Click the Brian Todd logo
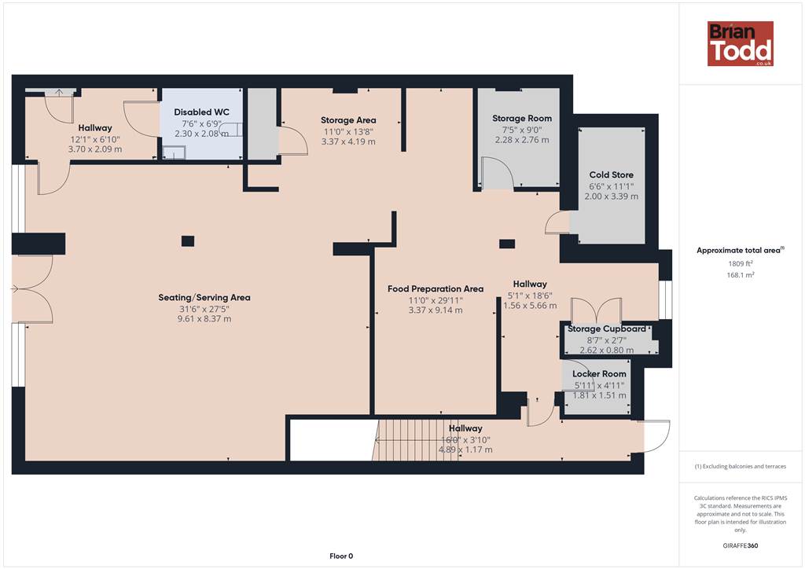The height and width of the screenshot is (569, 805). pos(740,43)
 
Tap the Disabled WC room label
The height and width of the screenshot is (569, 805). pos(202,112)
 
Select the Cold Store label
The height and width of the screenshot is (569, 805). pos(611,174)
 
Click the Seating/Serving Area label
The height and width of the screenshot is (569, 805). pos(204,297)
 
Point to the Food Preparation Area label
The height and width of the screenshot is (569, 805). pos(436,289)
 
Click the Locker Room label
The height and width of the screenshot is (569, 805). pos(599,373)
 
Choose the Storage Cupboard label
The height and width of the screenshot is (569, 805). pos(606,329)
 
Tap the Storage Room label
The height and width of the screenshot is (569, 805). pos(522,118)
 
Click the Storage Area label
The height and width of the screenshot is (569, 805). pos(348,120)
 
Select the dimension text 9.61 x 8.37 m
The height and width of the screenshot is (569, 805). pos(204,318)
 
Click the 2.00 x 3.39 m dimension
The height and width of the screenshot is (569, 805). pos(611,196)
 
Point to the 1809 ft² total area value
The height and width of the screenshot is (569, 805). pos(741,263)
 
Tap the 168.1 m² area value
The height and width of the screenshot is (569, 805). pos(741,275)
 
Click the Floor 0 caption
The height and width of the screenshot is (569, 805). pos(341,556)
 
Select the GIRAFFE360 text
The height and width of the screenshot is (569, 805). pos(741,545)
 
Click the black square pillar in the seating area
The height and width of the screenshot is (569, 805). pos(188,240)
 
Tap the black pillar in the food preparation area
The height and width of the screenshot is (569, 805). pos(507,244)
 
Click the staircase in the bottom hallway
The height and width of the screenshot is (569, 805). pos(415,440)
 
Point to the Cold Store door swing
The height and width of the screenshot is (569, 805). pos(557,224)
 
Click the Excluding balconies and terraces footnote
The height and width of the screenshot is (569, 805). pos(741,466)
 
